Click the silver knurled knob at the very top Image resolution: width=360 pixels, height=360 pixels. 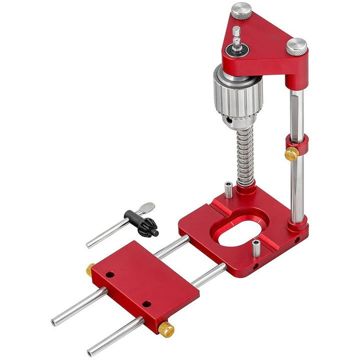[240, 11]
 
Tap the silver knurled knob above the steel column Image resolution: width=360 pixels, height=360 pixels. [296, 46]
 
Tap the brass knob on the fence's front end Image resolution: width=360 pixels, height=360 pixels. [166, 329]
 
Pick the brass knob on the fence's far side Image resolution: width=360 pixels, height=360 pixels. [90, 269]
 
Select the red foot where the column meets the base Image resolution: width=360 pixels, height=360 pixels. [299, 224]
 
